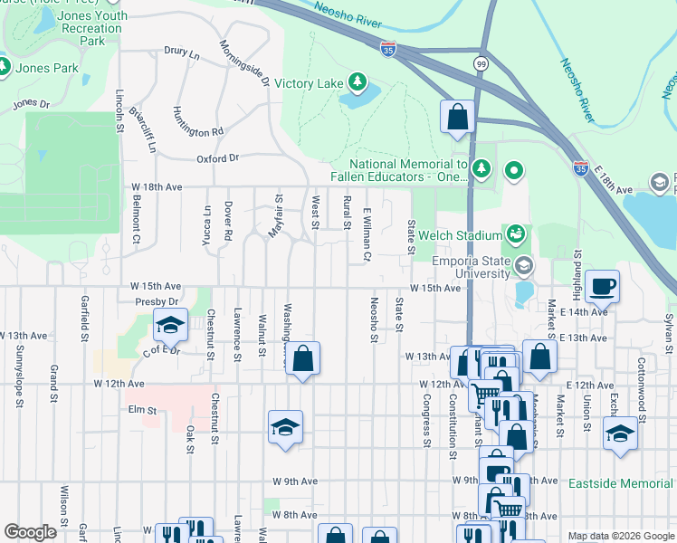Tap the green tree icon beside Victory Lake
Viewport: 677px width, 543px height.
[x=358, y=83]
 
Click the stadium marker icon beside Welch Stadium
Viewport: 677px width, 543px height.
[x=515, y=235]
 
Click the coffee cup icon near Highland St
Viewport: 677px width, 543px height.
[x=603, y=287]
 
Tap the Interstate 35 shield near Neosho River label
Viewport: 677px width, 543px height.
[x=388, y=50]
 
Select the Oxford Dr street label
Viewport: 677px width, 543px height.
[x=217, y=158]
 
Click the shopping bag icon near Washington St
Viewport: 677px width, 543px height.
[x=304, y=358]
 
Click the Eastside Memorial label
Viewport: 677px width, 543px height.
[x=621, y=484]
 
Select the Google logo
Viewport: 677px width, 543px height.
[x=30, y=532]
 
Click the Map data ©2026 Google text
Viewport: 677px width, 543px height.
[x=620, y=536]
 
